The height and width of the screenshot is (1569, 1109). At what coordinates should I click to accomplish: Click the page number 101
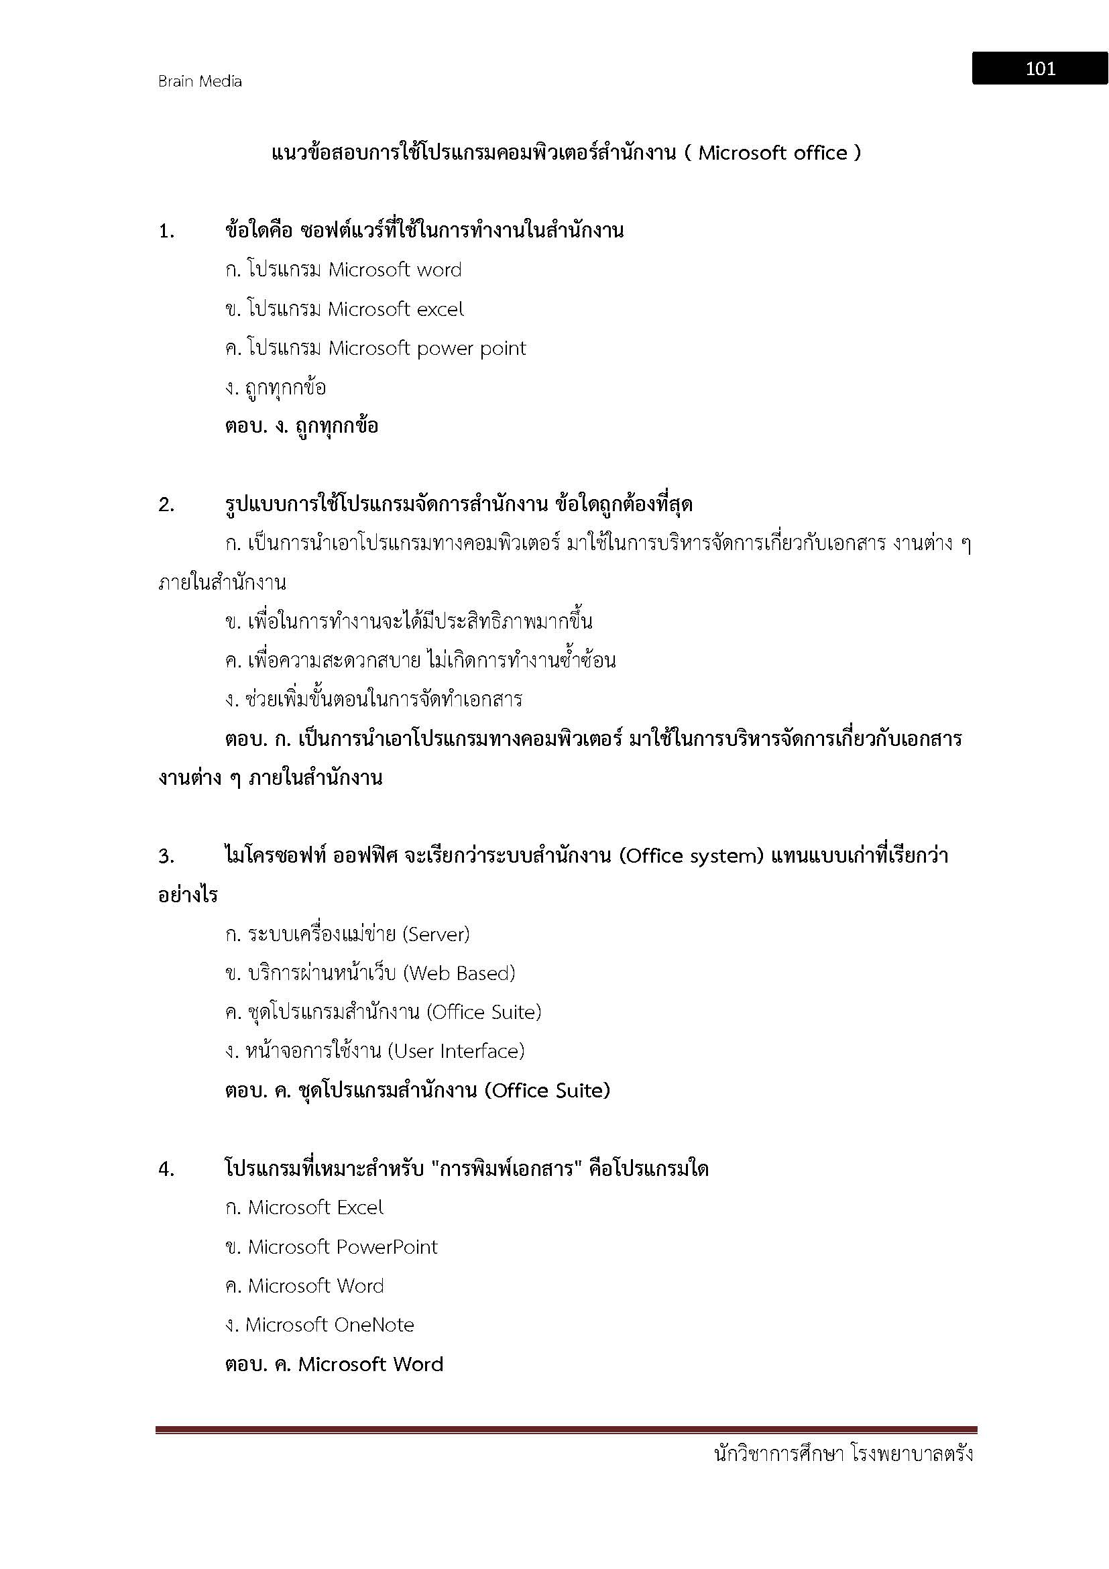(x=1039, y=68)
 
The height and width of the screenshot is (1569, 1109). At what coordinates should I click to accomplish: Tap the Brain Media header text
(x=199, y=81)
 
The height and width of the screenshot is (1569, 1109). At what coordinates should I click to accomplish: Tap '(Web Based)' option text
(x=459, y=973)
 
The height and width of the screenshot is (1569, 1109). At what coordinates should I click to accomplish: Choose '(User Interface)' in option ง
(x=455, y=1051)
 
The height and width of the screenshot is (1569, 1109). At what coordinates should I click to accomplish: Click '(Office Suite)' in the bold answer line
(x=547, y=1091)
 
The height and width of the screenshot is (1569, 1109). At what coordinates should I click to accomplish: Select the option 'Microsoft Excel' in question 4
(x=315, y=1208)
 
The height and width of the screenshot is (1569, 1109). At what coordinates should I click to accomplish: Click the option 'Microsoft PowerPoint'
(x=342, y=1247)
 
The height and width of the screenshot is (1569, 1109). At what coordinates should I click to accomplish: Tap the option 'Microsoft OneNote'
(x=329, y=1325)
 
